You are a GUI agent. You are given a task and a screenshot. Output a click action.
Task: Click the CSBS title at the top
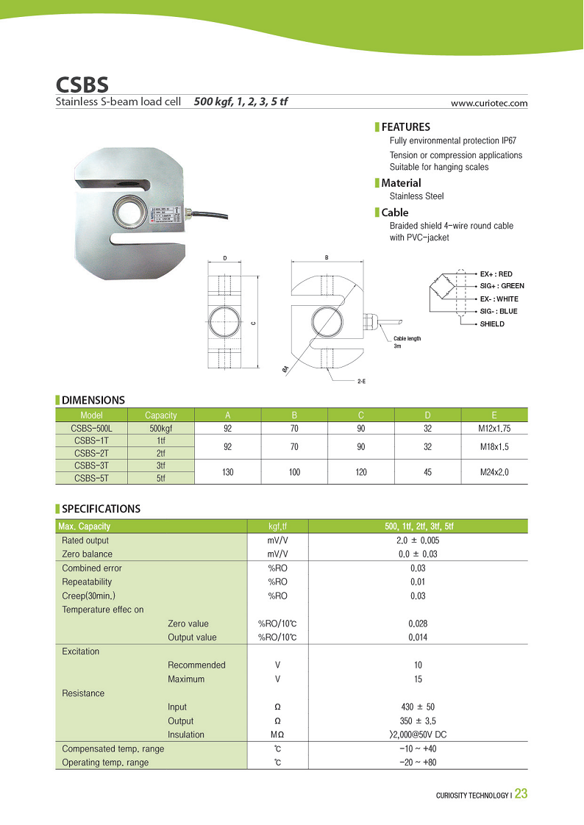coord(82,82)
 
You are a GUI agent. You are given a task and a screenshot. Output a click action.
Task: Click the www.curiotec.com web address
coord(489,103)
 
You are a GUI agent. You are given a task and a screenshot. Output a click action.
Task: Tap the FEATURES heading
coord(405,126)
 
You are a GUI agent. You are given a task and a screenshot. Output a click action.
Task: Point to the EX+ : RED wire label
coord(496,274)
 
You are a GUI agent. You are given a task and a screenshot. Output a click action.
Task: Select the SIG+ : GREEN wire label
coord(502,285)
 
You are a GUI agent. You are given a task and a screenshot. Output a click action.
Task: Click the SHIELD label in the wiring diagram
coord(492,324)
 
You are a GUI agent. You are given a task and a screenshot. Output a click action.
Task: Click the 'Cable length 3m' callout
coord(407,342)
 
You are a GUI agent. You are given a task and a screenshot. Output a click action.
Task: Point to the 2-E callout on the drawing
coord(362,382)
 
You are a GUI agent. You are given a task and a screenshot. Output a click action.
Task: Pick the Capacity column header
coord(161,415)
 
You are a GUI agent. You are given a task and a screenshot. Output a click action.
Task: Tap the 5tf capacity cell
coord(161,478)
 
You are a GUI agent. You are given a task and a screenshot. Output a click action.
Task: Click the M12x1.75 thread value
coord(494,427)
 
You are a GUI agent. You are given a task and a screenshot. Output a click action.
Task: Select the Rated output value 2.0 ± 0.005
coord(418,540)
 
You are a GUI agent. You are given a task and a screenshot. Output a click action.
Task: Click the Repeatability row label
coord(87,582)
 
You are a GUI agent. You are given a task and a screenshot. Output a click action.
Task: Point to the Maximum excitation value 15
coord(418,679)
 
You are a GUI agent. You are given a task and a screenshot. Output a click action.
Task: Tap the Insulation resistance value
coord(418,735)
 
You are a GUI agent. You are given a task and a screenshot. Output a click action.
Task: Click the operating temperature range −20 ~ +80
coord(418,762)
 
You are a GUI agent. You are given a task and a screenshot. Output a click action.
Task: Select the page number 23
coord(521,793)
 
